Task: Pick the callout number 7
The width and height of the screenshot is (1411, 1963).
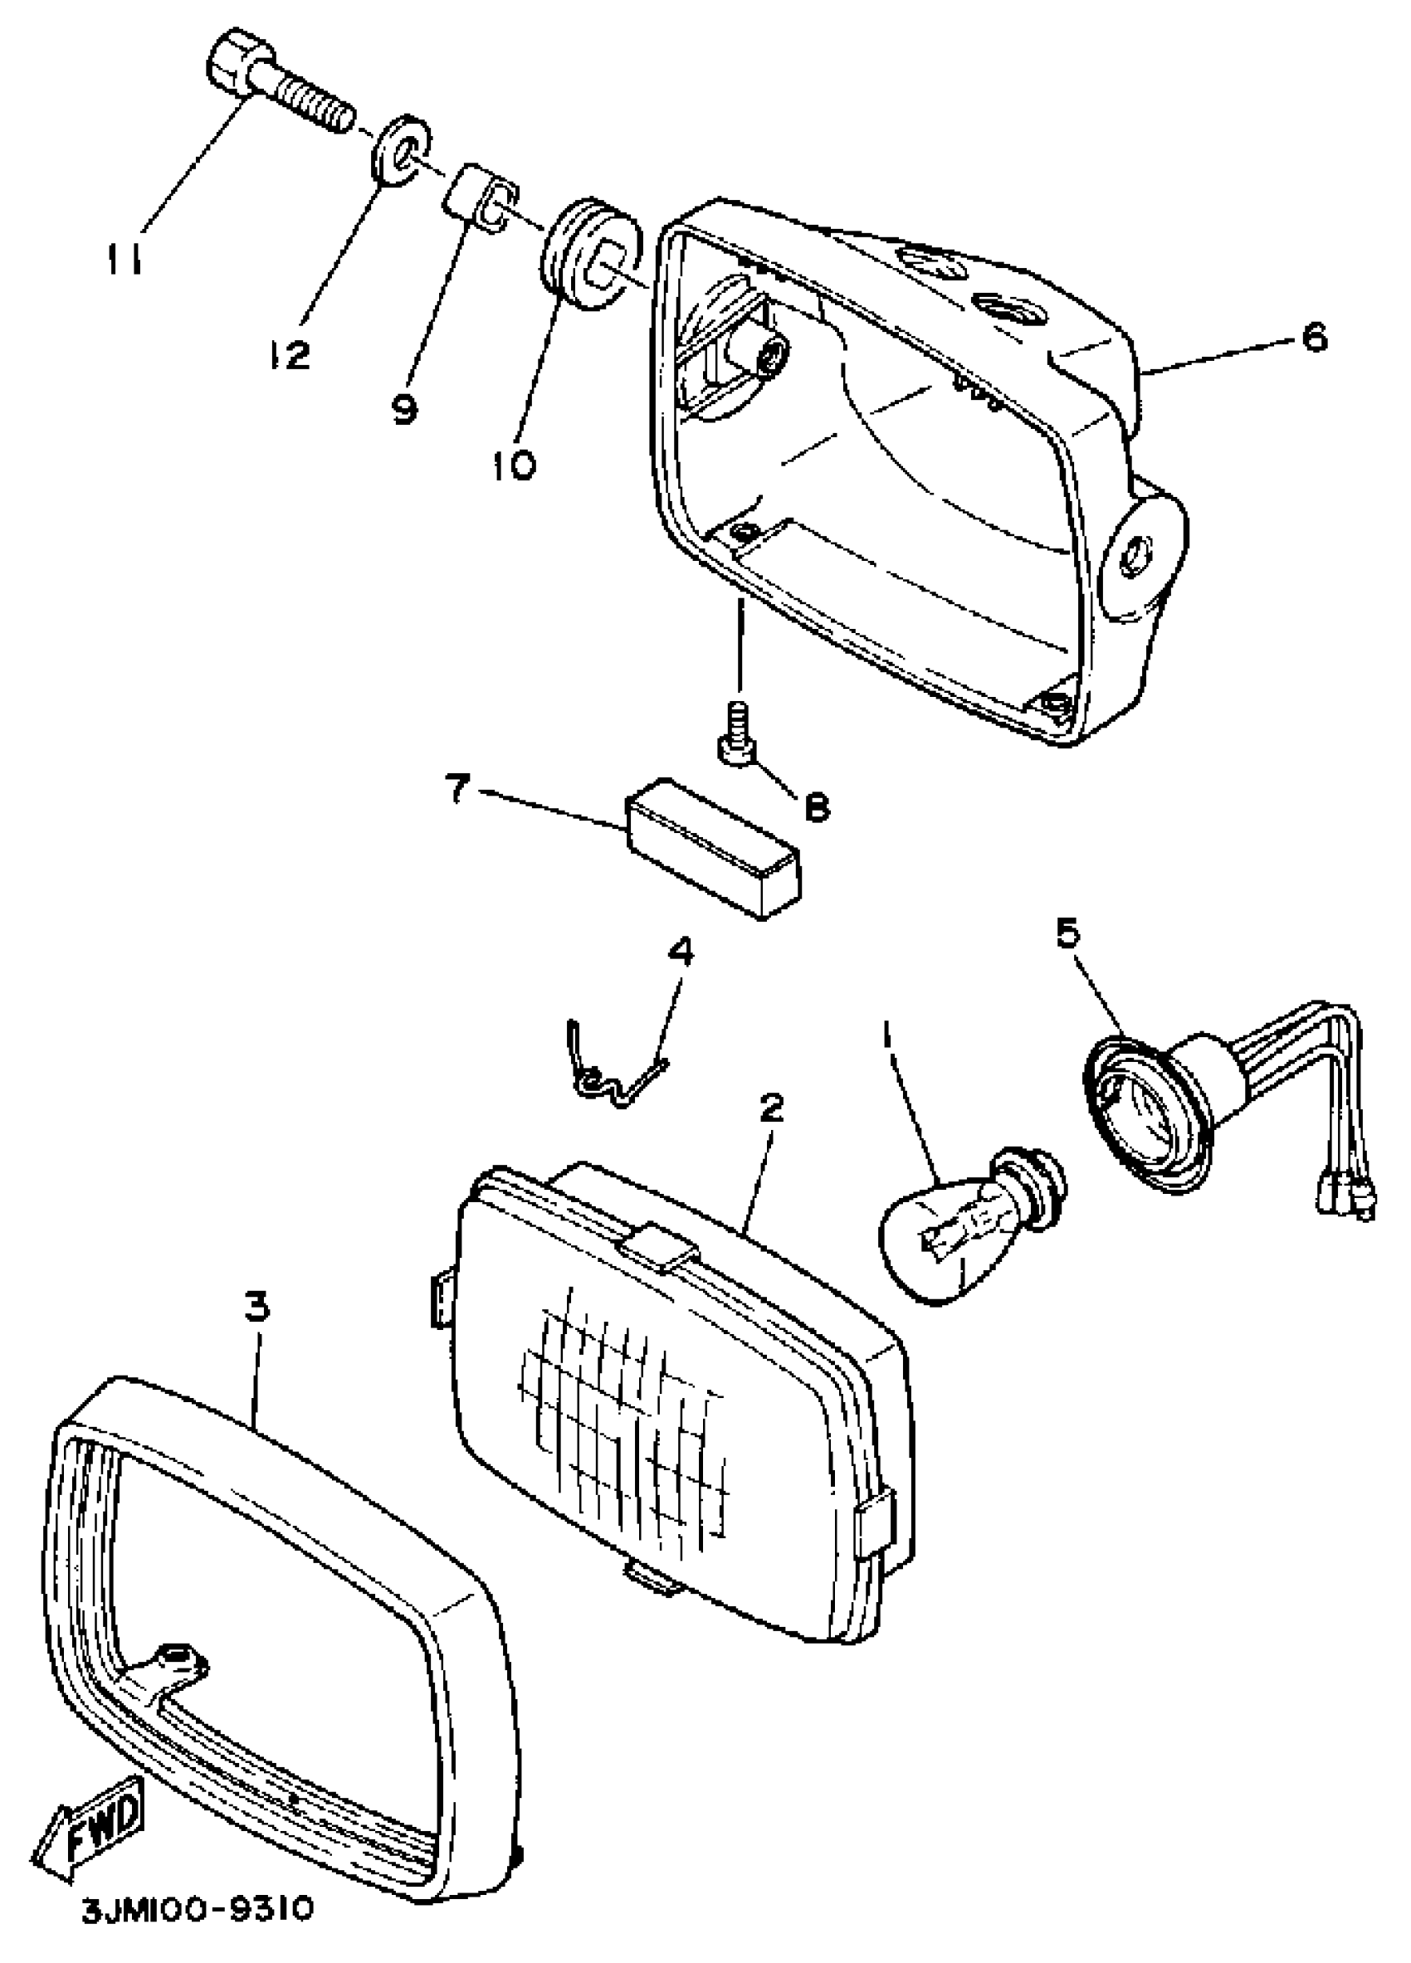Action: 459,789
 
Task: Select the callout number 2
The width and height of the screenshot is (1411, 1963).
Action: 770,1108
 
